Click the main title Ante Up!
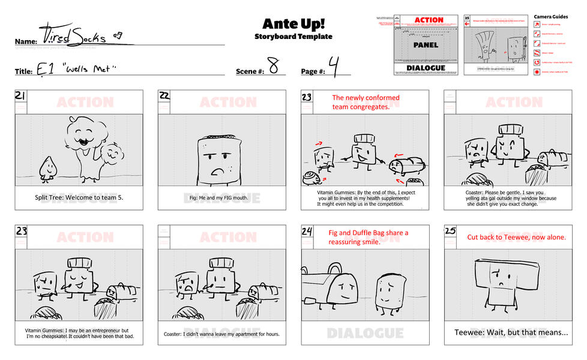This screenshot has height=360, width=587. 293,23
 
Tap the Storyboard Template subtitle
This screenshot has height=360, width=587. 293,37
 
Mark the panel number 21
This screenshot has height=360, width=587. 20,96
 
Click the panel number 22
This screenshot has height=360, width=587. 164,96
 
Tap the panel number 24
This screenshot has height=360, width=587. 307,232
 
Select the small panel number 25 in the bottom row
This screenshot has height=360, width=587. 450,232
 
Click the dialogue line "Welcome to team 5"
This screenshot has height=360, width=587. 79,197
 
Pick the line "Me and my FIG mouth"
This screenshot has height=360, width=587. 221,197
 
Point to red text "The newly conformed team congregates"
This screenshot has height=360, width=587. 366,102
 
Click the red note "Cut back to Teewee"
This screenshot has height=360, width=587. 516,237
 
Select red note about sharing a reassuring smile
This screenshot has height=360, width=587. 368,237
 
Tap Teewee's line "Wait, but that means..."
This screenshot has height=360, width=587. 511,332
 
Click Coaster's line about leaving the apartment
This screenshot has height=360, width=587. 221,334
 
